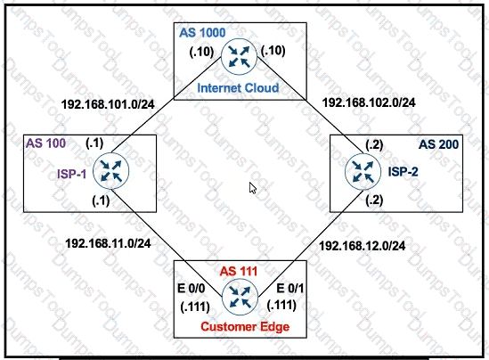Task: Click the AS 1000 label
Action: pos(202,32)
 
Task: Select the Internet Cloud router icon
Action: pos(239,56)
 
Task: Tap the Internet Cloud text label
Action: pos(238,87)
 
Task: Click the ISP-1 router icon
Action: pos(110,171)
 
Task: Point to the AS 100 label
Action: pos(45,143)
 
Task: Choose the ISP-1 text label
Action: pos(72,174)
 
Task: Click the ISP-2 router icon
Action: pos(363,172)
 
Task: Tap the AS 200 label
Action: pos(438,144)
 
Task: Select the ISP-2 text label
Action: pos(403,172)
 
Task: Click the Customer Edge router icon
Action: pos(240,297)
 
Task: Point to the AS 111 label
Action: pos(239,272)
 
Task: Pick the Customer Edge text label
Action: pos(245,327)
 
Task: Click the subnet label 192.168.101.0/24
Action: pos(108,104)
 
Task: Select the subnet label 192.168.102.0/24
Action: pos(369,102)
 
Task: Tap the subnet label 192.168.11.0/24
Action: pos(108,243)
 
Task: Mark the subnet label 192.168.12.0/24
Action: pos(362,246)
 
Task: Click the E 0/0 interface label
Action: pos(192,289)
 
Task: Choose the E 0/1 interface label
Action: pos(290,289)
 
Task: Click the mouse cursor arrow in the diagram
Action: pos(253,188)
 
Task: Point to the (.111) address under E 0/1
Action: pos(281,305)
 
